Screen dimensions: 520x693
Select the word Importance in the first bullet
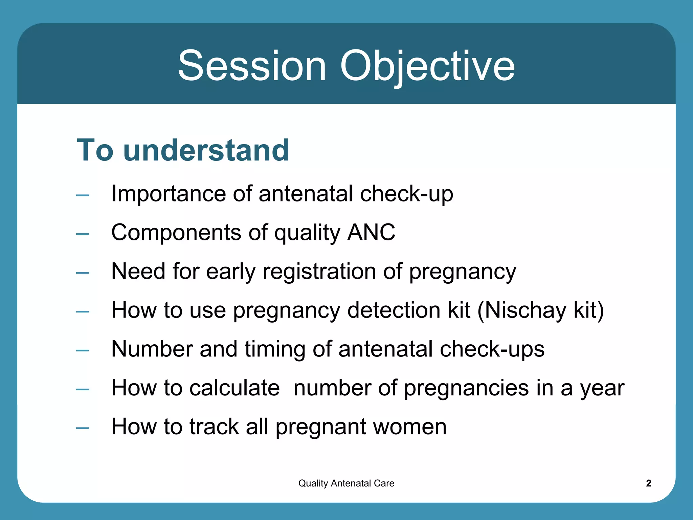[x=169, y=194]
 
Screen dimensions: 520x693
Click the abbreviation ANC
[x=371, y=233]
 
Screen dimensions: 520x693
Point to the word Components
[x=176, y=233]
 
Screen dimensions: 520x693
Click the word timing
[x=274, y=349]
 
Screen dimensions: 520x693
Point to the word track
[x=214, y=427]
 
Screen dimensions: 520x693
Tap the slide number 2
[x=648, y=483]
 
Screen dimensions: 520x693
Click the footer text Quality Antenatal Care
[x=346, y=483]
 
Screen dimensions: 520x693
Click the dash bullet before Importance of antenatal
[x=83, y=195]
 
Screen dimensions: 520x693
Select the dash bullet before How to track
[x=83, y=428]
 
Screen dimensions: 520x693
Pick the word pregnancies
[x=466, y=388]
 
